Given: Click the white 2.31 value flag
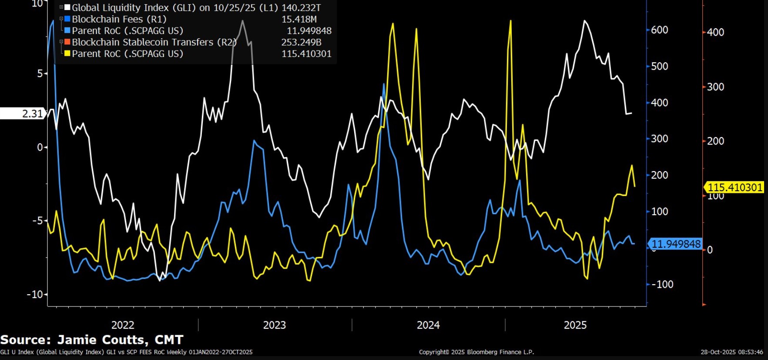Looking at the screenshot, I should point(23,114).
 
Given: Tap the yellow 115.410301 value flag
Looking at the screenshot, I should point(734,188).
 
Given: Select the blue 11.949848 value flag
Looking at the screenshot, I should point(676,244).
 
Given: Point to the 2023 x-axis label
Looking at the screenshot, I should point(274,325).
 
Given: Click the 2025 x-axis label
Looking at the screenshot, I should point(575,325).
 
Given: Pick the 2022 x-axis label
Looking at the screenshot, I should point(123,325).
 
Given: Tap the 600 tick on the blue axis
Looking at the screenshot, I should point(659,30).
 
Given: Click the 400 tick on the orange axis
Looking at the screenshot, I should point(715,32).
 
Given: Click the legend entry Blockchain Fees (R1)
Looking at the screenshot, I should point(119,19).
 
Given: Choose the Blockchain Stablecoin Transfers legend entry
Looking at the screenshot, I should point(154,42).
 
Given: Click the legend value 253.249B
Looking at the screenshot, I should point(301,42).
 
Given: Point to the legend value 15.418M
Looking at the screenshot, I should point(299,19).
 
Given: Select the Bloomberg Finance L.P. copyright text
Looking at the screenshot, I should point(476,352).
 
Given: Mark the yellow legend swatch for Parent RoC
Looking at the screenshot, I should point(67,54).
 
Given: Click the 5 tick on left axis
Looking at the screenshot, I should point(40,74).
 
